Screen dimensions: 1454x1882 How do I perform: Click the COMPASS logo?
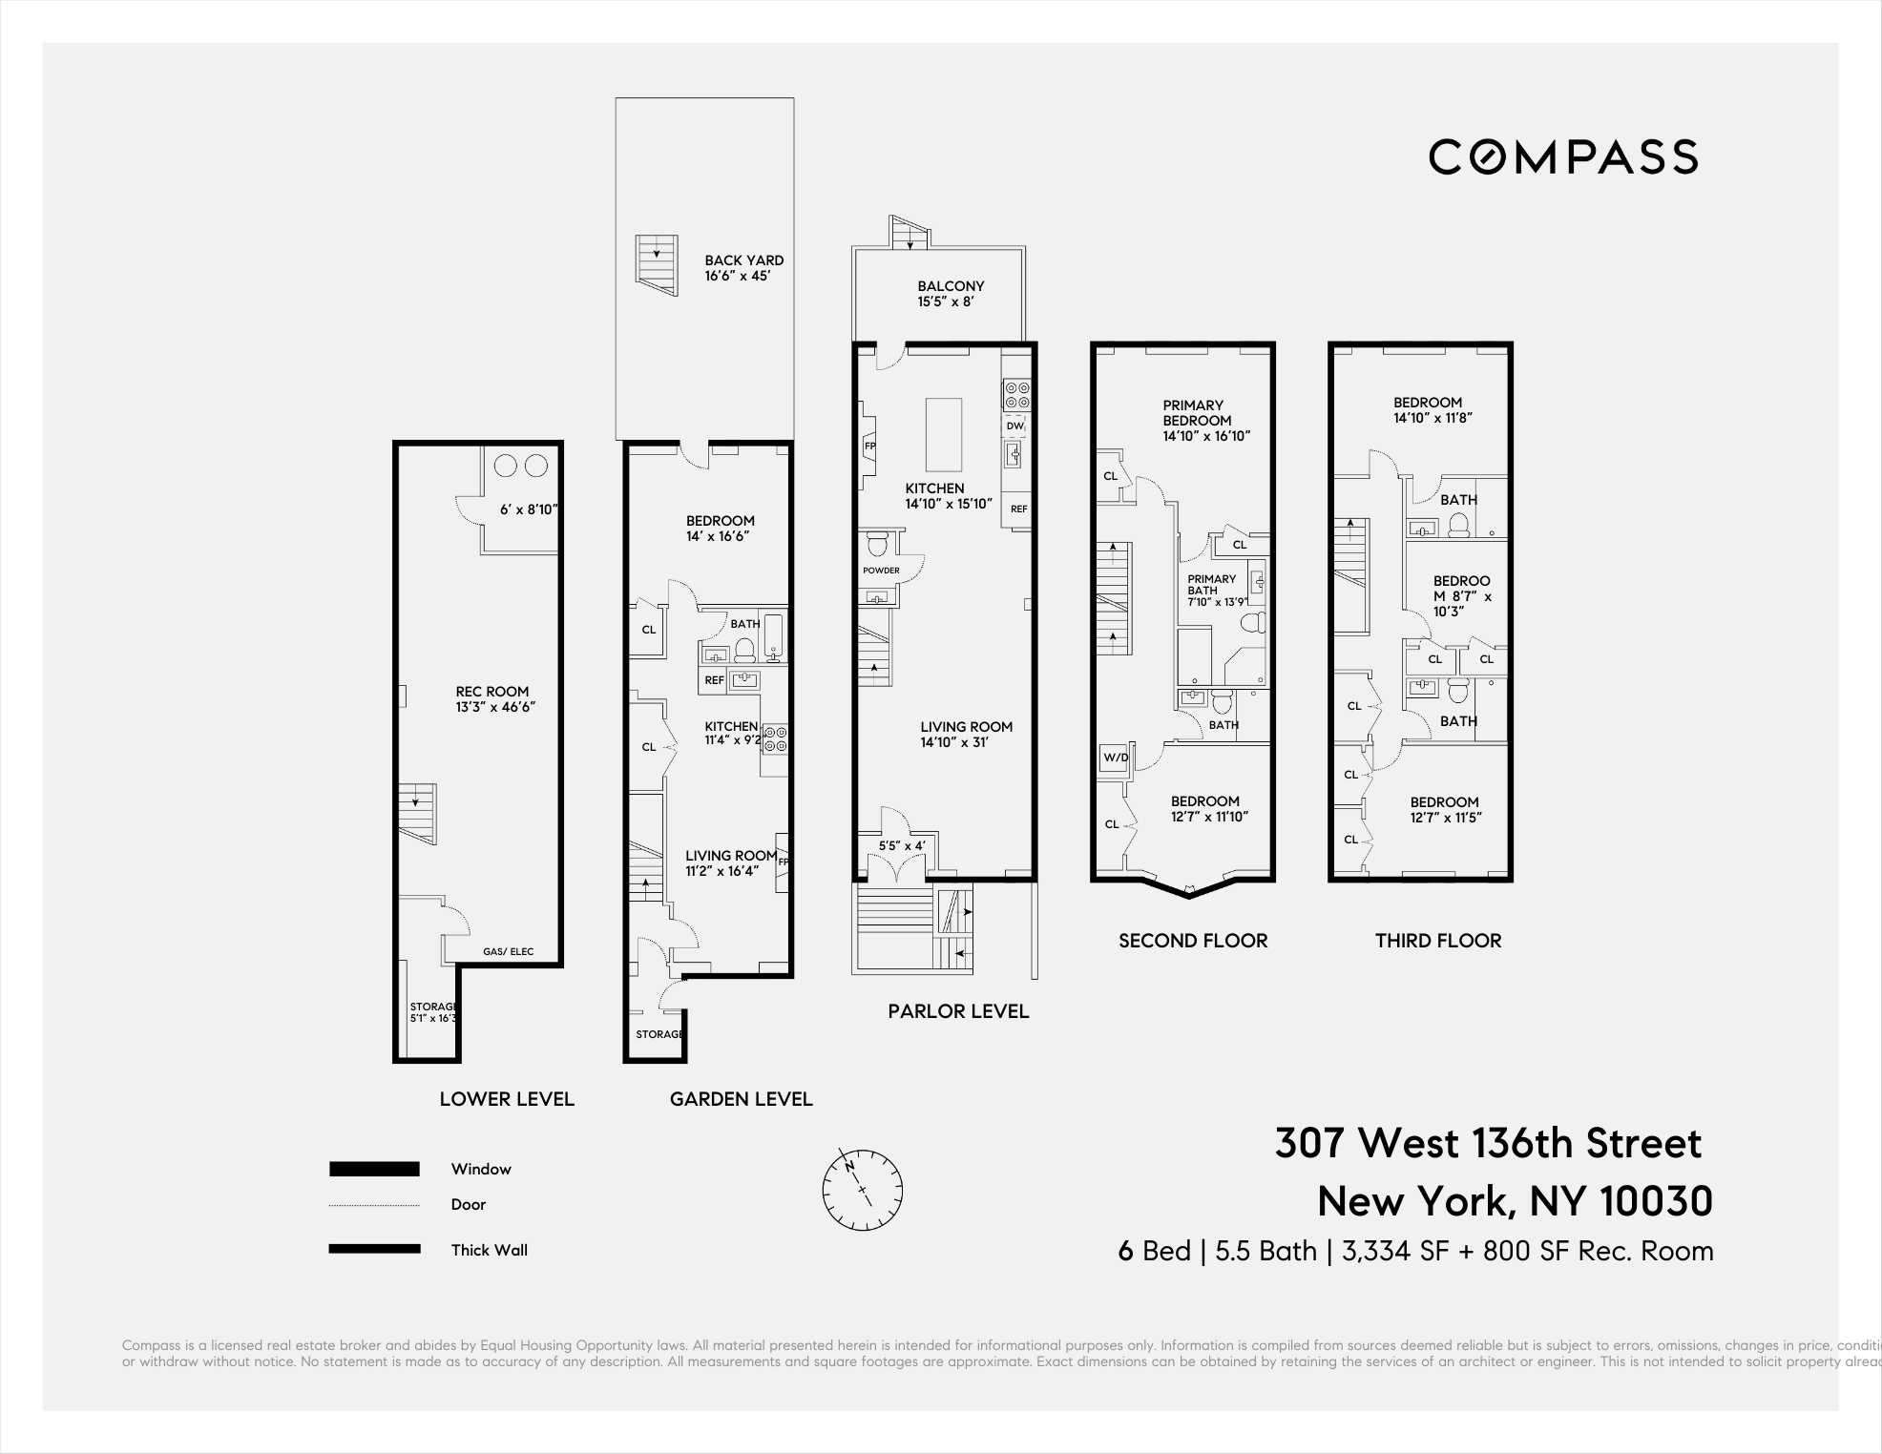[x=1563, y=156]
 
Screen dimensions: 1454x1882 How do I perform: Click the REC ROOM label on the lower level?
[x=491, y=692]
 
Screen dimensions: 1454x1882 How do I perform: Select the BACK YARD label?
[x=743, y=260]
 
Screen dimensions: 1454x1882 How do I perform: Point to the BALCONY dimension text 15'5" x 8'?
[x=946, y=301]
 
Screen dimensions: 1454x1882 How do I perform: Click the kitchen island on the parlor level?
[x=944, y=435]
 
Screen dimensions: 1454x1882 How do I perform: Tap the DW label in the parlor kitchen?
[x=1014, y=426]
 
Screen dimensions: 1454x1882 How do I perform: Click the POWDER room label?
[x=881, y=571]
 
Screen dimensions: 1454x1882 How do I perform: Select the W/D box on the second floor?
[x=1115, y=758]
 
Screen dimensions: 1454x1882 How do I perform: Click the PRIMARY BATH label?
[x=1211, y=585]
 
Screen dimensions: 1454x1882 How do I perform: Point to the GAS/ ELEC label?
[x=508, y=951]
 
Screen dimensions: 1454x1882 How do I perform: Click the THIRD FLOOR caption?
[x=1437, y=941]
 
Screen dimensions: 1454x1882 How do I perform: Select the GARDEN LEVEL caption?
[x=741, y=1099]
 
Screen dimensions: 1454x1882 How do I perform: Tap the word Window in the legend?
[x=481, y=1169]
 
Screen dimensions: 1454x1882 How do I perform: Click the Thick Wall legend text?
[x=489, y=1250]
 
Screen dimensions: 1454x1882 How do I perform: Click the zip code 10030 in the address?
[x=1655, y=1201]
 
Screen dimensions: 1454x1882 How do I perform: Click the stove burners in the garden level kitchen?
[x=775, y=737]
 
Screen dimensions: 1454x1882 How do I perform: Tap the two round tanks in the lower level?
[x=520, y=466]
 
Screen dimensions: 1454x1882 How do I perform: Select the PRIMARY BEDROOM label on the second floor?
[x=1197, y=413]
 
